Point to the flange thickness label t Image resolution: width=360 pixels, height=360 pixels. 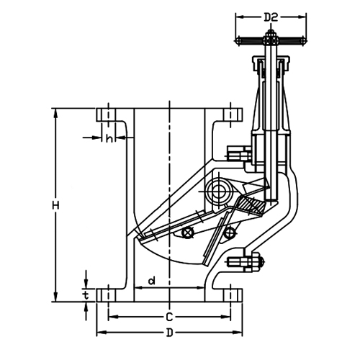click(86, 294)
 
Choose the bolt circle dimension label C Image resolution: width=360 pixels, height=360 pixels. click(168, 317)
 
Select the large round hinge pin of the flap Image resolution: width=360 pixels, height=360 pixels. click(216, 191)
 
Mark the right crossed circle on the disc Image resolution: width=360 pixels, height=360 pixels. click(230, 231)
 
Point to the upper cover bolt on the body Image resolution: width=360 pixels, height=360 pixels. click(236, 154)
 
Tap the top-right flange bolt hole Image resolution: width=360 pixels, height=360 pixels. click(231, 114)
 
